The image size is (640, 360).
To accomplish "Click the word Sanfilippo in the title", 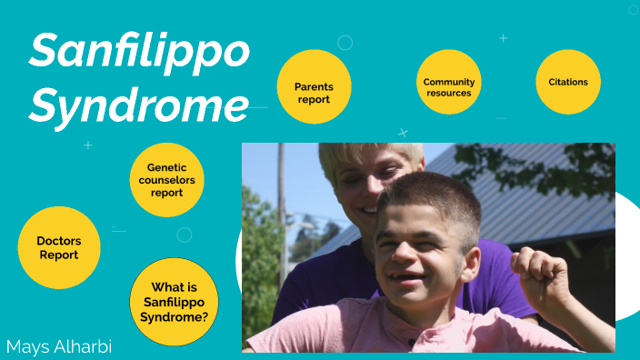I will pos(138,52).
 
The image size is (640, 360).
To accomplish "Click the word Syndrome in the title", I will pos(138,105).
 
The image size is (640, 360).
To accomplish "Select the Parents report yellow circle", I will pos(314,87).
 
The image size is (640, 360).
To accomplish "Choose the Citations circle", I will pos(568,82).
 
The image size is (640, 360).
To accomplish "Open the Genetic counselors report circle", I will pos(167,180).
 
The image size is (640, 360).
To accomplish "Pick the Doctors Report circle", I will pos(59,248).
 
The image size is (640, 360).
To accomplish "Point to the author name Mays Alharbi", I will pos(57,346).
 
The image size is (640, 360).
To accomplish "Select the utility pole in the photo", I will pos(281,209).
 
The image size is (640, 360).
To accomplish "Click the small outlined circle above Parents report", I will pos(345,43).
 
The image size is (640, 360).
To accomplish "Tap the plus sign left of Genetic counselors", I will pos(88,145).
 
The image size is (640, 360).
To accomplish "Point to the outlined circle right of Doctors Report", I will pos(185,235).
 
